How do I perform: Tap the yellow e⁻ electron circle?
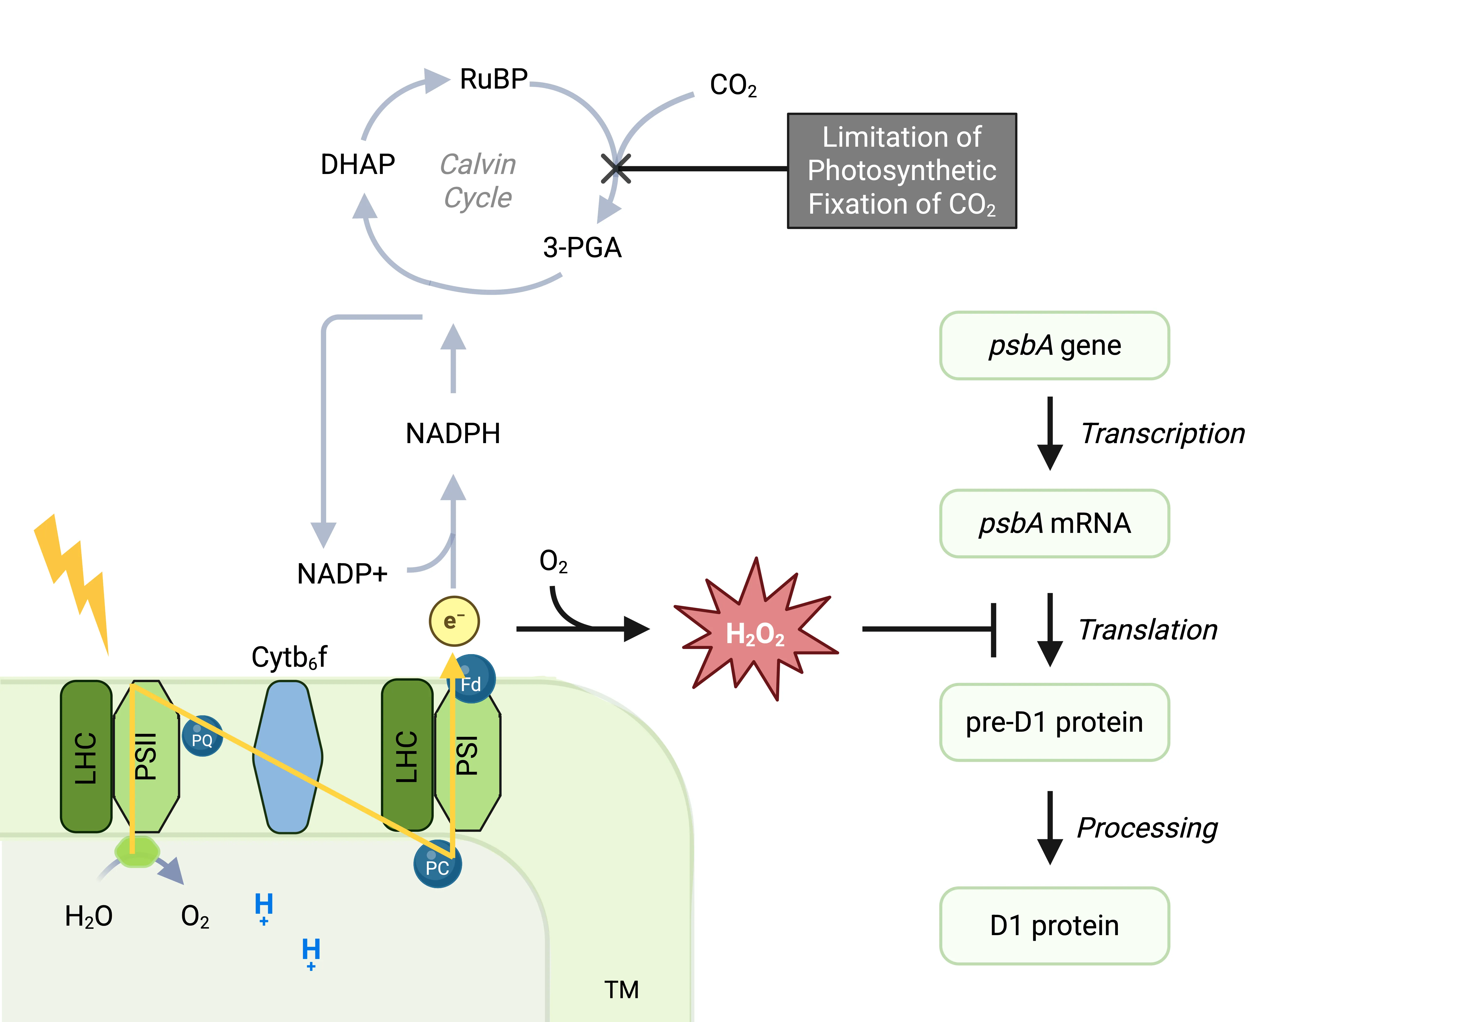454,621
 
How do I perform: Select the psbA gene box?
1054,345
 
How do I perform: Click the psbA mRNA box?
1054,523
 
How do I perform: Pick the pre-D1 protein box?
1054,722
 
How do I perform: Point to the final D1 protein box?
1054,925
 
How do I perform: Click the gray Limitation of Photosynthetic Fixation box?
902,170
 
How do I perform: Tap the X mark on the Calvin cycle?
616,169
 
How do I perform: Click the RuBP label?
494,80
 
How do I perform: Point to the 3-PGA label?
582,247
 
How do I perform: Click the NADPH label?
453,434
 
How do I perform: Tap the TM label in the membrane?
621,990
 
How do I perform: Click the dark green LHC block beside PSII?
86,757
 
